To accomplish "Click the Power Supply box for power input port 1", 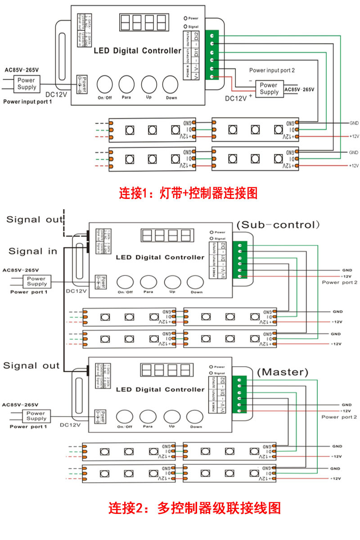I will [27, 83].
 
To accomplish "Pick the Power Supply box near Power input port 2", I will [269, 88].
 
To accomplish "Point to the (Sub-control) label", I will [278, 224].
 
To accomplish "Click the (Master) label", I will [283, 372].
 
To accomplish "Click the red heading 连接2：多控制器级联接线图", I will [194, 508].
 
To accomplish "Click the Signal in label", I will [33, 251].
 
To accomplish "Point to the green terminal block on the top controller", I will [211, 55].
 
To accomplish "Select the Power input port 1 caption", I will [27, 102].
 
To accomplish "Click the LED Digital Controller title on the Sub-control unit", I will [160, 257].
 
